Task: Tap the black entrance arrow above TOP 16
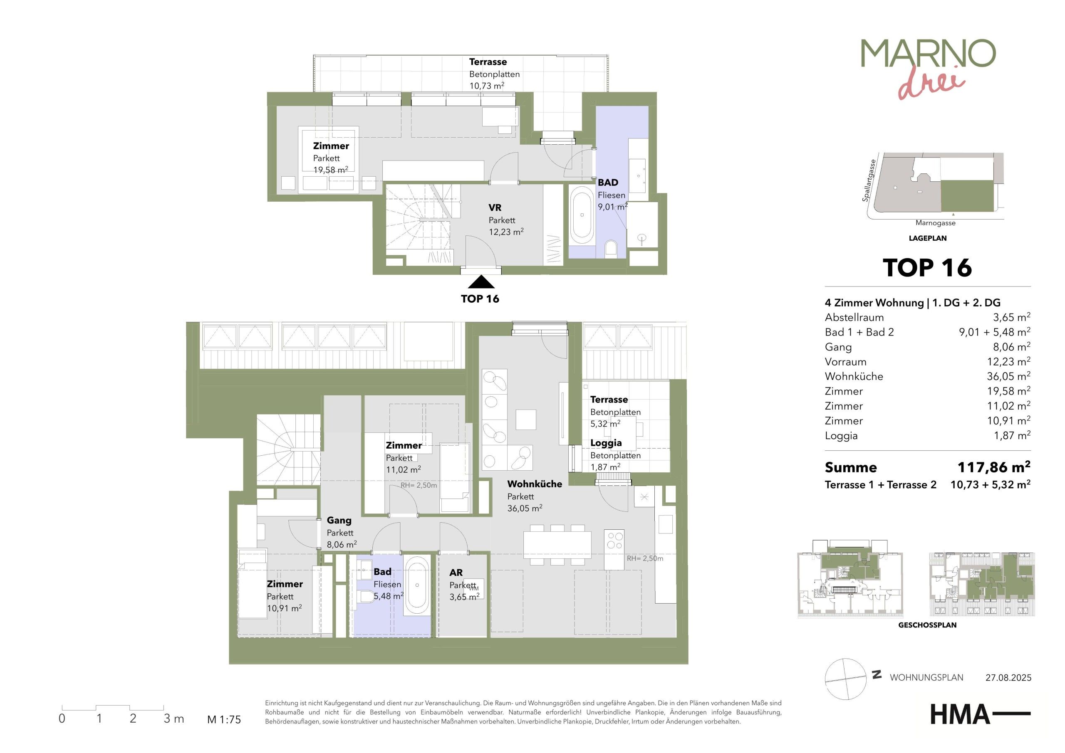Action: (481, 282)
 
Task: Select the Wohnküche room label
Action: (534, 484)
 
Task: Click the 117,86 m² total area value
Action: (994, 467)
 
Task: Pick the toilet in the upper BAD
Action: (611, 248)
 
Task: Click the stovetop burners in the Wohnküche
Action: (614, 541)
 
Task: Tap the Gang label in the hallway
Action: (339, 521)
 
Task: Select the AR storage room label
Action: (456, 573)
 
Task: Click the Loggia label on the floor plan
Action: (606, 443)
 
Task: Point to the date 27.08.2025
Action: (1008, 677)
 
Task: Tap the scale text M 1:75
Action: (224, 720)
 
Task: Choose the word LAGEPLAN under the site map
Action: (928, 238)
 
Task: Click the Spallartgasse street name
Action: (869, 180)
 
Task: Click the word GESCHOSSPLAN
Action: (927, 625)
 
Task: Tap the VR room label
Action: (495, 208)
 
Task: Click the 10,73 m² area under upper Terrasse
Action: (487, 86)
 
